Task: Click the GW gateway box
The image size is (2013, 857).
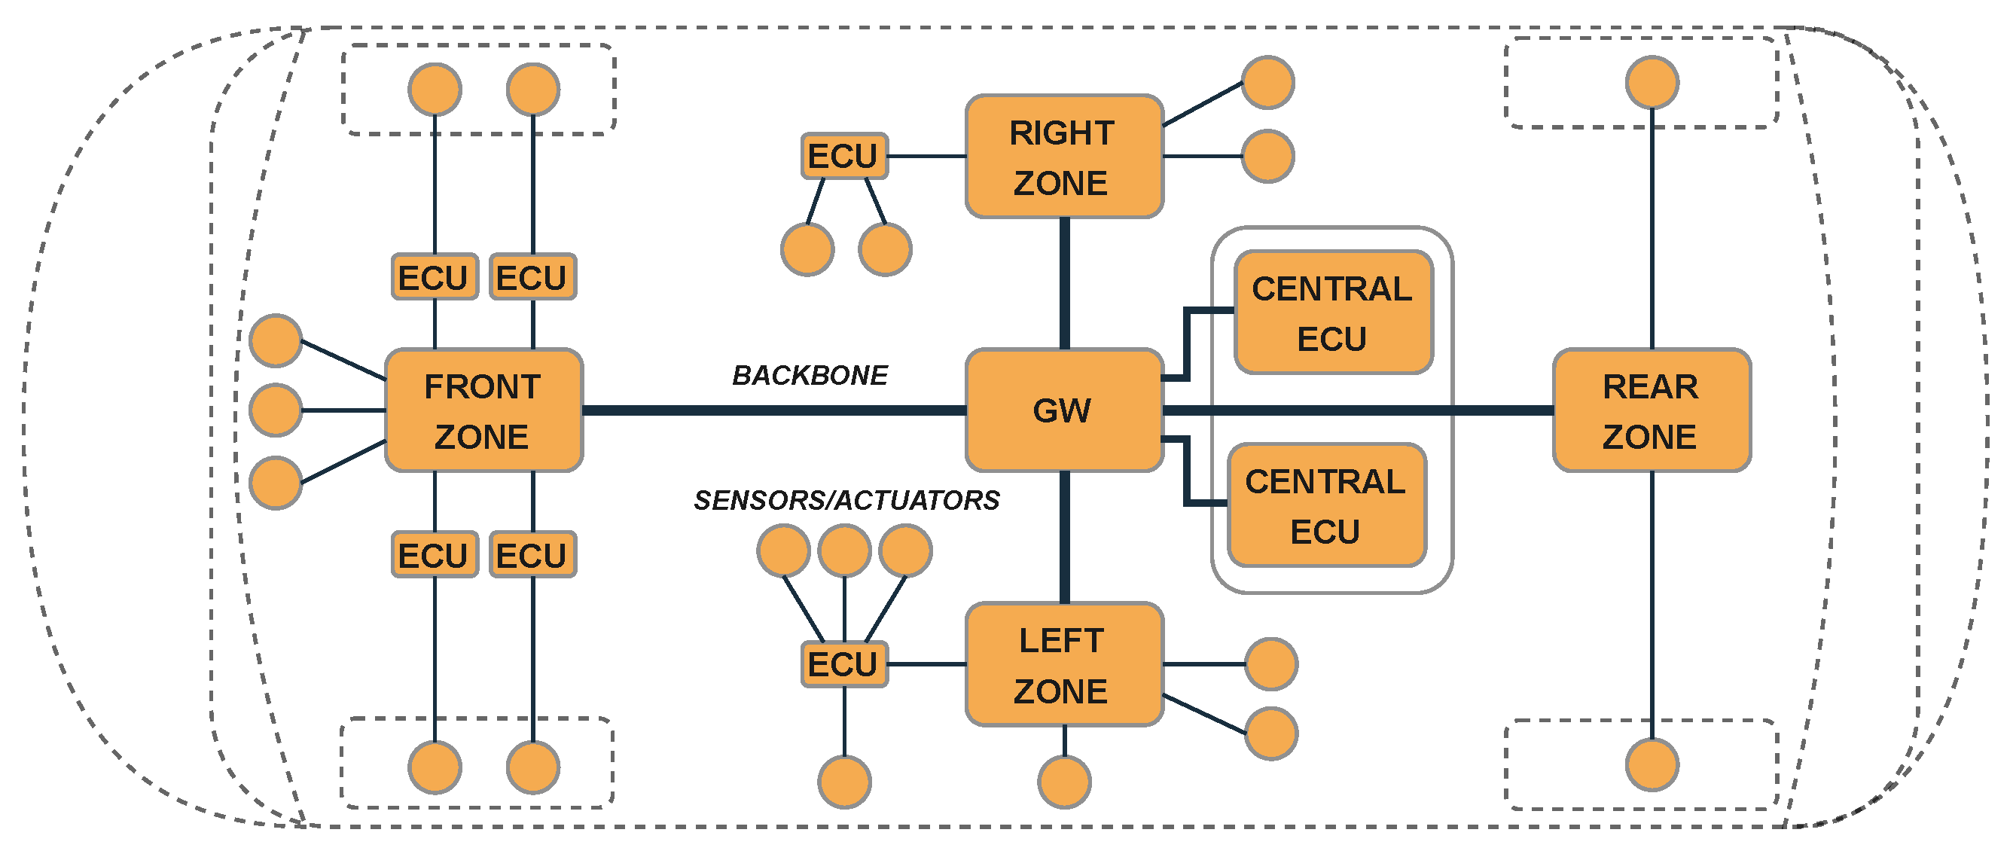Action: (1063, 410)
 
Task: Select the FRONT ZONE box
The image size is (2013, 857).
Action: (483, 410)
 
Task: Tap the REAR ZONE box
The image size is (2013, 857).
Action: (1652, 410)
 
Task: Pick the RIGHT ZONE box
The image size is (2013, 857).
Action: (1063, 156)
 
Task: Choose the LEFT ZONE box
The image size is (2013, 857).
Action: (1063, 664)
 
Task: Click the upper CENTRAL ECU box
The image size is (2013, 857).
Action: (1333, 313)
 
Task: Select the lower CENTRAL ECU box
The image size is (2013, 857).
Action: (1327, 505)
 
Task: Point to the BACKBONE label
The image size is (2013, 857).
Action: (810, 376)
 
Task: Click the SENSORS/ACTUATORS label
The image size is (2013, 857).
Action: (846, 500)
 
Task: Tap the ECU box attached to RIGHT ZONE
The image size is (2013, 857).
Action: (844, 156)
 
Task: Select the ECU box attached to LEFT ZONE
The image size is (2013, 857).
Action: (844, 664)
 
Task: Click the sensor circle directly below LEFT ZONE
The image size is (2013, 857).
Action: (1064, 781)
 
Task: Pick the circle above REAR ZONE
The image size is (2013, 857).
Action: (1652, 82)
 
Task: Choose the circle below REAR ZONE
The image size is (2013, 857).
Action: (1652, 765)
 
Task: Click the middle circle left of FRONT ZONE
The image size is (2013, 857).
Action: (275, 410)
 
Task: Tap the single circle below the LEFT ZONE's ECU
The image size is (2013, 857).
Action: (844, 781)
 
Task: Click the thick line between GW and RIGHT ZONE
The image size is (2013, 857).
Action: (1064, 283)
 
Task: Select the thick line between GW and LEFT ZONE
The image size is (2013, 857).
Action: (1064, 537)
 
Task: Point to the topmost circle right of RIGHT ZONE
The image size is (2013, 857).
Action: (1267, 82)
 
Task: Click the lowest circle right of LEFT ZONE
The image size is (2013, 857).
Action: (1270, 733)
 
